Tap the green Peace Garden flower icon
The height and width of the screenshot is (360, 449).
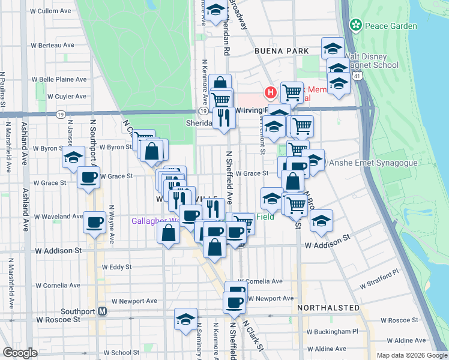click(x=356, y=25)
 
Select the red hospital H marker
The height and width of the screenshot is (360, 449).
click(x=271, y=93)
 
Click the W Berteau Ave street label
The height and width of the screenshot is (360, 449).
click(x=53, y=45)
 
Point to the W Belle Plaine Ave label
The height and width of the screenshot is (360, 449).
click(x=59, y=79)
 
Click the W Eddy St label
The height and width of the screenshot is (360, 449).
click(x=116, y=267)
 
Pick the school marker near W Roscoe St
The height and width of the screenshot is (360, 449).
click(x=185, y=318)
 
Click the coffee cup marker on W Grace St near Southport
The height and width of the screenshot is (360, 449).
click(x=89, y=178)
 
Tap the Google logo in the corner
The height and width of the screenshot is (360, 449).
click(x=20, y=353)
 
